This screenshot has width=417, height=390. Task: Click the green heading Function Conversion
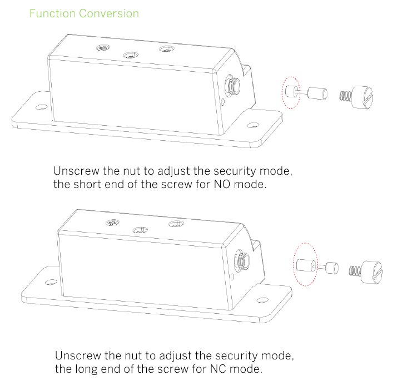click(84, 13)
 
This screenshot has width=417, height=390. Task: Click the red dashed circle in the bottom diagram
click(305, 265)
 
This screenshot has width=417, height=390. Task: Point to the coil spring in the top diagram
click(345, 95)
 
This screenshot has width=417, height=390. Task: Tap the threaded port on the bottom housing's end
click(242, 259)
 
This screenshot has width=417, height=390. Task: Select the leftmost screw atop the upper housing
click(102, 48)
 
